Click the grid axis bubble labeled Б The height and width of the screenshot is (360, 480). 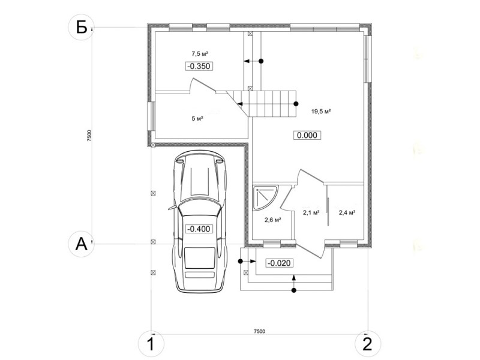click(x=81, y=28)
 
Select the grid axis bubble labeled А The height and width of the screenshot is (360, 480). click(x=81, y=244)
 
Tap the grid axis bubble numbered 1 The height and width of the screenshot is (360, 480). click(x=151, y=344)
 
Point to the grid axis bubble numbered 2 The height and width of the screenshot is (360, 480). click(x=368, y=344)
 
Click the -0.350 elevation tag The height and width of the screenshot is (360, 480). click(x=199, y=66)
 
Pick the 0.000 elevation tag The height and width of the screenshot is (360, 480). click(x=307, y=135)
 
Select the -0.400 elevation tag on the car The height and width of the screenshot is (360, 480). click(x=199, y=229)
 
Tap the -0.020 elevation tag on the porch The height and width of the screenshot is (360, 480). click(x=279, y=263)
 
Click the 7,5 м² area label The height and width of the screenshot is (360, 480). click(x=200, y=54)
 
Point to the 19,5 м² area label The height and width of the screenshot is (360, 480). click(x=321, y=112)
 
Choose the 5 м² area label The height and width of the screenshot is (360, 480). click(x=198, y=118)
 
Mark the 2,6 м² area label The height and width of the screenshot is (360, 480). click(x=273, y=220)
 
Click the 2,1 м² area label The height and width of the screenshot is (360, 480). click(x=311, y=212)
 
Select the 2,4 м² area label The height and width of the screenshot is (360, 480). click(x=347, y=212)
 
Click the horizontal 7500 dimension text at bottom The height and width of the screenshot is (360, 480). click(x=260, y=331)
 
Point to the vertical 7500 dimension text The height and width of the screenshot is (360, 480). click(x=89, y=136)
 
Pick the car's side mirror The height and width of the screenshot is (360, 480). click(x=172, y=208)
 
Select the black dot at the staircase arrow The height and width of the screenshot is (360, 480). click(x=296, y=104)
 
